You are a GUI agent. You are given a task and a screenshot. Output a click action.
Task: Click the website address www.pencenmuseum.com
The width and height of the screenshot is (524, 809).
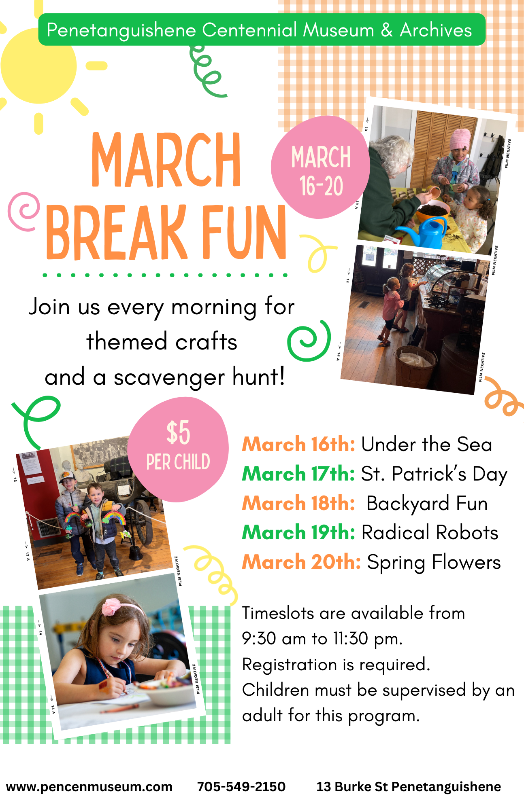click(89, 787)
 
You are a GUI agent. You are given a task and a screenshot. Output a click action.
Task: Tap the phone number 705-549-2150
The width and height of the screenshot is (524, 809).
click(241, 786)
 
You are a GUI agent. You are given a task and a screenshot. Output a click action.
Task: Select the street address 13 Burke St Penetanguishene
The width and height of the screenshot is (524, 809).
click(409, 787)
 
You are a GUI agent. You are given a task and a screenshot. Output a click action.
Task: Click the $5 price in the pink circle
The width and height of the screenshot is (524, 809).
click(178, 432)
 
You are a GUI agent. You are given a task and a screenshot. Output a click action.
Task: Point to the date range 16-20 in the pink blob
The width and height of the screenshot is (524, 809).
click(321, 186)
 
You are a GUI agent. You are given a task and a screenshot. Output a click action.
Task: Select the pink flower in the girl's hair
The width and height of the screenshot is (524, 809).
click(111, 607)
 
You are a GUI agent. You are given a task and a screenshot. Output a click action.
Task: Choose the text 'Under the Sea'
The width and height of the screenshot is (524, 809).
click(426, 444)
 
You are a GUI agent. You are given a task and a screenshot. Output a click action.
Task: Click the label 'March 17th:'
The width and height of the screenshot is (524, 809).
click(298, 474)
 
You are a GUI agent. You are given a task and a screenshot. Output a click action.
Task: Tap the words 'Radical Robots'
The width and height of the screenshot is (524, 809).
click(430, 532)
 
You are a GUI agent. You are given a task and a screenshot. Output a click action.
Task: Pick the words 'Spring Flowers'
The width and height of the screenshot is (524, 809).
click(434, 563)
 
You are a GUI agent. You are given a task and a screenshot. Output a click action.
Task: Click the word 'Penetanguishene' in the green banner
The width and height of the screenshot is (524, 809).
click(121, 31)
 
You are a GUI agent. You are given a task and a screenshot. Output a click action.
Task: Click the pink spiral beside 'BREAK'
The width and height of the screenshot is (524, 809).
click(23, 212)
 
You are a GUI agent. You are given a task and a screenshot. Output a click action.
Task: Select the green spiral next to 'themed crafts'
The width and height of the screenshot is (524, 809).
click(309, 341)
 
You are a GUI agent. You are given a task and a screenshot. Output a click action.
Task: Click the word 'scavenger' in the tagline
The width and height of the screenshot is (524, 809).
click(169, 378)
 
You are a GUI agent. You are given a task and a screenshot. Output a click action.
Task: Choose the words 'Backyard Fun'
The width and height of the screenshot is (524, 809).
click(427, 504)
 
